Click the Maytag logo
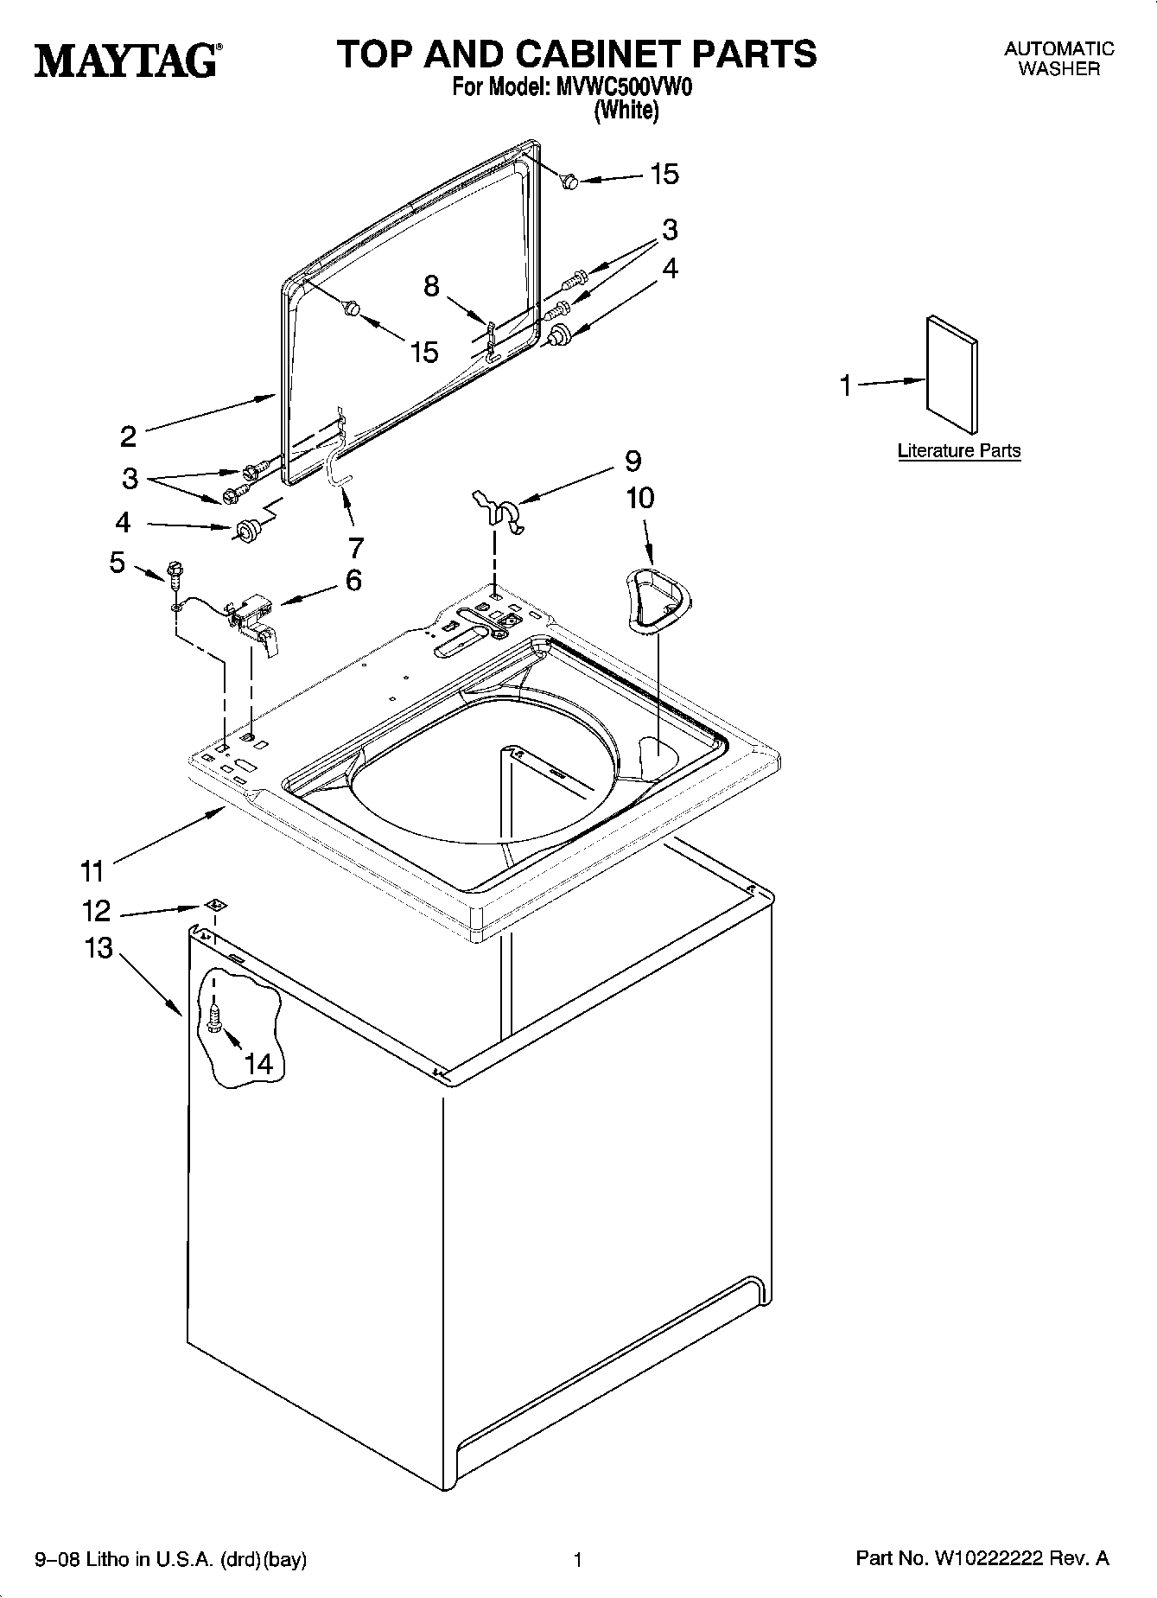[x=126, y=61]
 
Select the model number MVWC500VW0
[x=624, y=88]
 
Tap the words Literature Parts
[x=959, y=450]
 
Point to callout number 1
[x=847, y=385]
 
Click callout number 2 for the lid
[x=128, y=436]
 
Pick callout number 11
[x=92, y=870]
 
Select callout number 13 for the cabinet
[x=99, y=948]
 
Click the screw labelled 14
[x=213, y=1015]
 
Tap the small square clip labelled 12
[x=215, y=905]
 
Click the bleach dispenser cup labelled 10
[x=656, y=596]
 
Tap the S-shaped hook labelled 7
[x=338, y=472]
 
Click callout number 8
[x=431, y=285]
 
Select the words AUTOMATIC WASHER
[x=1058, y=59]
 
